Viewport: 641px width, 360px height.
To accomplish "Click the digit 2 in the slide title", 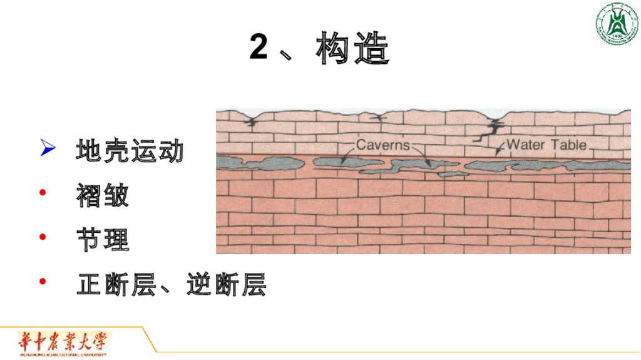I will pyautogui.click(x=259, y=48).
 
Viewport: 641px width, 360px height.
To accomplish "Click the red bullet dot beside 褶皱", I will pyautogui.click(x=43, y=193).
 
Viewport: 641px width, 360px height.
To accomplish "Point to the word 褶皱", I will pyautogui.click(x=103, y=195).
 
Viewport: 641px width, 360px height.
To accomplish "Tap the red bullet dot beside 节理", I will pyautogui.click(x=43, y=237).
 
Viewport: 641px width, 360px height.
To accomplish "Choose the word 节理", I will pyautogui.click(x=103, y=239).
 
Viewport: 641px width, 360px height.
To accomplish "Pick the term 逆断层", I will pyautogui.click(x=226, y=284).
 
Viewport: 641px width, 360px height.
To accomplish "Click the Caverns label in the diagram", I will pyautogui.click(x=382, y=145).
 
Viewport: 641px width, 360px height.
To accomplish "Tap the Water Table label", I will pyautogui.click(x=546, y=145).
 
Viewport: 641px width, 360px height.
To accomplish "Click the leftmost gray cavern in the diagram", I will pyautogui.click(x=250, y=163).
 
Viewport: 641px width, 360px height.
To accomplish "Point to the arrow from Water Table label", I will pyautogui.click(x=500, y=148).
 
